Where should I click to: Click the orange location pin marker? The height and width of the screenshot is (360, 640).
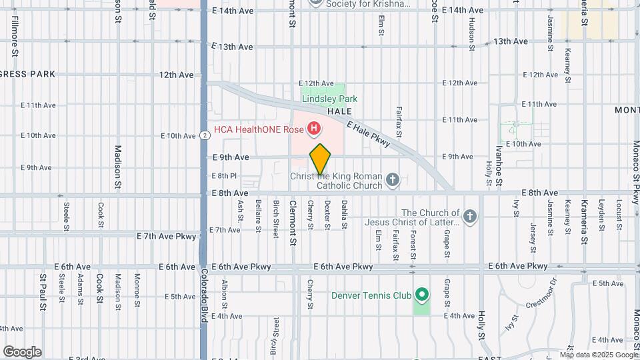pos(320,159)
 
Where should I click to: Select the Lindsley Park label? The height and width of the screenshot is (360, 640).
pos(325,99)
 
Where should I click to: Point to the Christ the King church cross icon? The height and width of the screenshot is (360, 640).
pos(393,179)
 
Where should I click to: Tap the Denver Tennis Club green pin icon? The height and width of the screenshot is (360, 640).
pos(421,293)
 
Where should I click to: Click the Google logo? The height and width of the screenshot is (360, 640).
pos(22,352)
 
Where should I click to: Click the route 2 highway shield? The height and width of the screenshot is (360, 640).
pos(205,135)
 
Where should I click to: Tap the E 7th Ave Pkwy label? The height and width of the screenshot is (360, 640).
pos(167,236)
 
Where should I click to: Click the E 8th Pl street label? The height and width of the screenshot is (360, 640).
pos(224,176)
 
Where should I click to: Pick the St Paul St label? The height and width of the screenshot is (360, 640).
pos(43,291)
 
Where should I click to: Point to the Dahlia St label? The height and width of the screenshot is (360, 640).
pos(344,215)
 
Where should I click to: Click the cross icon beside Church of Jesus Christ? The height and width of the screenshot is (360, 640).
pos(471,215)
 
